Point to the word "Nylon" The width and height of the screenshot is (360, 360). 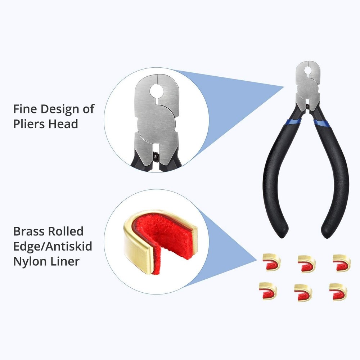coord(29,261)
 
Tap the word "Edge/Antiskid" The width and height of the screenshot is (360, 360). coord(52,246)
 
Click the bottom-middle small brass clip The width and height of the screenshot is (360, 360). coord(303,292)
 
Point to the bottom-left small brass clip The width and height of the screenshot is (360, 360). coord(268,291)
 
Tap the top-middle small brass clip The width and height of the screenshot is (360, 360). coord(306,264)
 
